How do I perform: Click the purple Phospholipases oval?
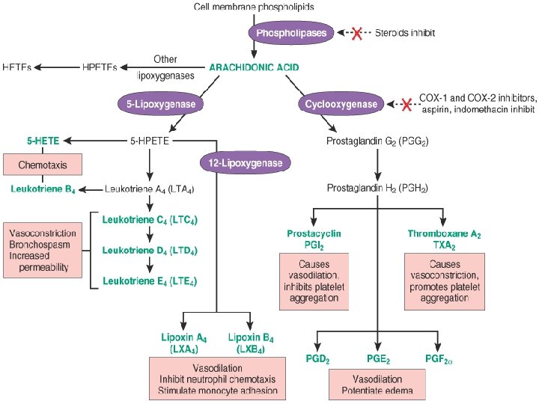290,33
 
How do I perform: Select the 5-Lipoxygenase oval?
160,104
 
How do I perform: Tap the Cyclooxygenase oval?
341,104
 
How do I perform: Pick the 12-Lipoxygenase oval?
245,163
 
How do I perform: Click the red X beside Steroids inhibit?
357,34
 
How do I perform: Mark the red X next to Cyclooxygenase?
406,104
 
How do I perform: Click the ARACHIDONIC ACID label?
254,67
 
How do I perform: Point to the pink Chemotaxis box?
43,165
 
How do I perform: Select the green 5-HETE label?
43,141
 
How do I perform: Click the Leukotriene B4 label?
43,189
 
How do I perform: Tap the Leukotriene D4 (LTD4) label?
150,251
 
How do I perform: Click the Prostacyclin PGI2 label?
314,239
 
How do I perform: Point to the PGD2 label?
317,359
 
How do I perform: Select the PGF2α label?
439,359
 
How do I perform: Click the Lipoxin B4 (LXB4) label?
251,343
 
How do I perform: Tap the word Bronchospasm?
40,245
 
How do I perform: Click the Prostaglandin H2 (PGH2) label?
377,189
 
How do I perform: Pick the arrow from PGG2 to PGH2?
377,165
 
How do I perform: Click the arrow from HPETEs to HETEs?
57,67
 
